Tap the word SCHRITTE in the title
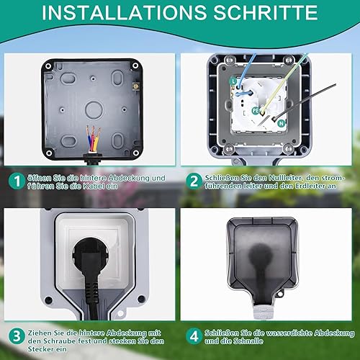pos(266,12)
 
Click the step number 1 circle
pos(17,181)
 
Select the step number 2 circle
pos(194,181)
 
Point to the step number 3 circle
pos(17,336)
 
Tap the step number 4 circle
pos(194,336)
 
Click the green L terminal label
pos(233,81)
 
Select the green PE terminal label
pos(256,111)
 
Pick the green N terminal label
pos(281,123)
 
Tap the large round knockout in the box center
pos(94,110)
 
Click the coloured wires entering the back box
pos(93,139)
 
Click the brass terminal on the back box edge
pos(136,86)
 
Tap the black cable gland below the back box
pos(93,159)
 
